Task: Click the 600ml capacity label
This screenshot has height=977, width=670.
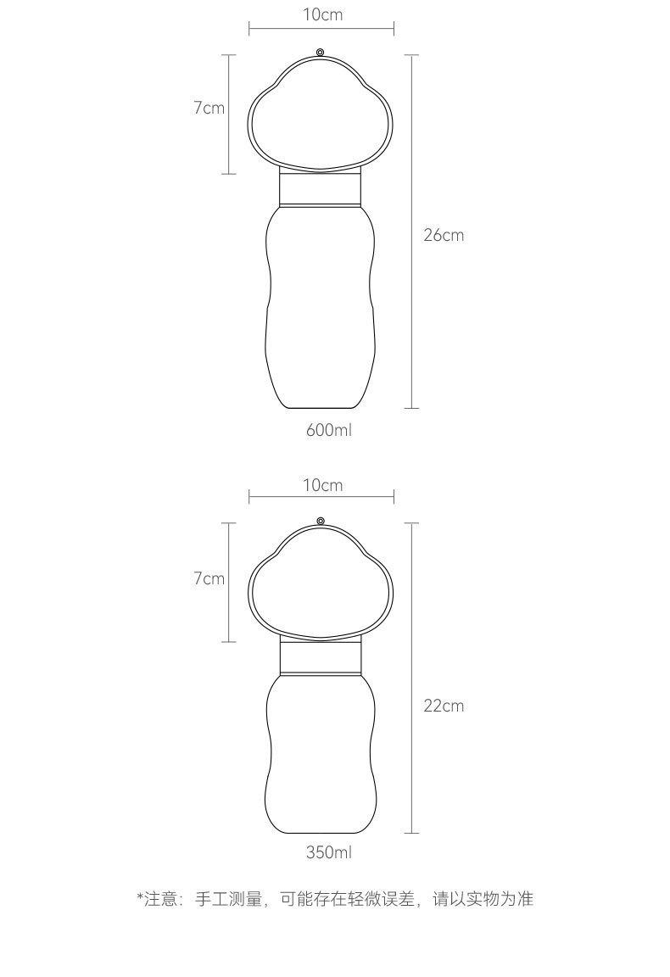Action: (x=328, y=430)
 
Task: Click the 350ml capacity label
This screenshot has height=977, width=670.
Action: (x=328, y=851)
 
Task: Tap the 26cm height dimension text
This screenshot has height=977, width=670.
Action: (x=444, y=235)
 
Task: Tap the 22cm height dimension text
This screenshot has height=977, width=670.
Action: (x=444, y=706)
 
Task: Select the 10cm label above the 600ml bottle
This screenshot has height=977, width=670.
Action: (x=323, y=14)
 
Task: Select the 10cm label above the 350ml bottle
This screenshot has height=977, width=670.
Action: (x=323, y=485)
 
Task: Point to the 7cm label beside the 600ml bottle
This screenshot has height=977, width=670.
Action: (x=209, y=108)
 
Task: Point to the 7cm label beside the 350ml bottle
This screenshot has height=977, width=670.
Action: (x=209, y=578)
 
